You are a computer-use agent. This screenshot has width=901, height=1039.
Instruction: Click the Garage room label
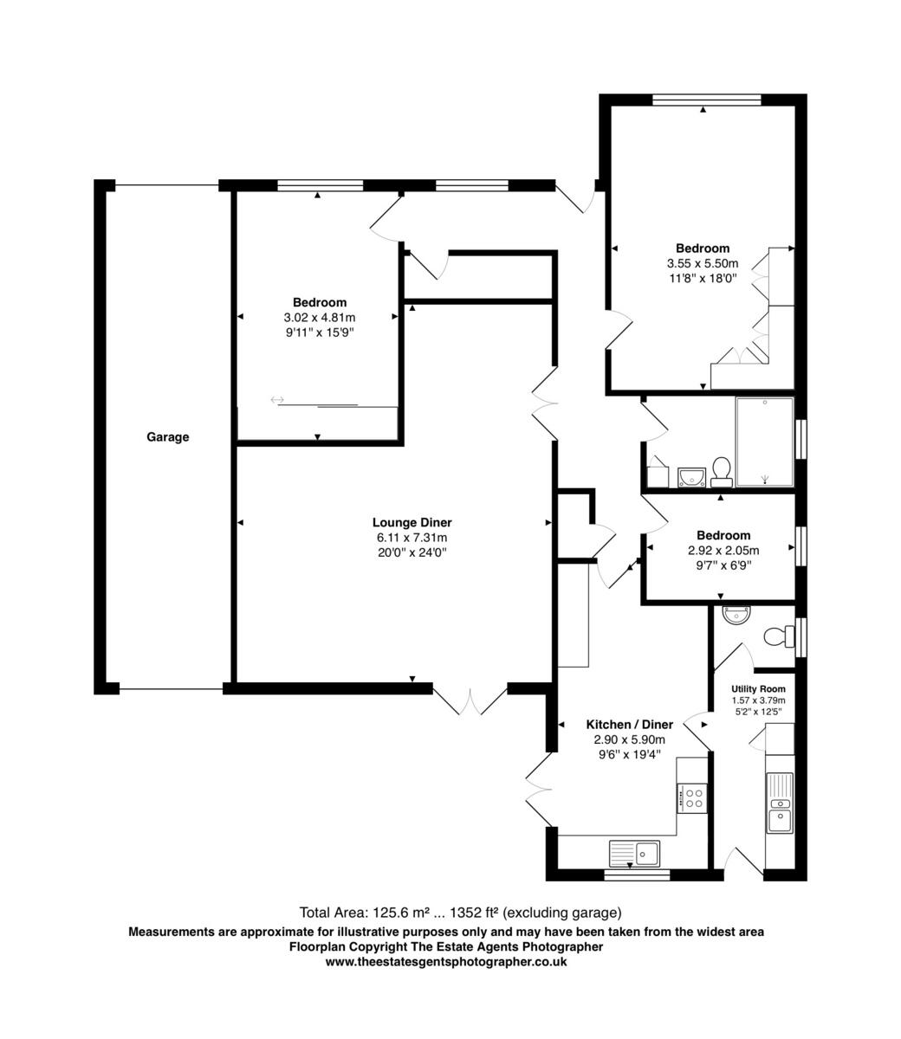point(167,437)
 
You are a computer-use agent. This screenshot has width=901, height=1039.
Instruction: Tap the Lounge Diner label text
point(412,522)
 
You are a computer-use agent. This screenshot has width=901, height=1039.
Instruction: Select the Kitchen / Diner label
point(629,725)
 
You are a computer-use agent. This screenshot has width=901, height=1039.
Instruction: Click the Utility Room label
point(758,689)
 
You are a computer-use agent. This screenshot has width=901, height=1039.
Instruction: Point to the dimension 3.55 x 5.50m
point(702,263)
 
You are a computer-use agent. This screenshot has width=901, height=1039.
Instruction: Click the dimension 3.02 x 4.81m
point(319,317)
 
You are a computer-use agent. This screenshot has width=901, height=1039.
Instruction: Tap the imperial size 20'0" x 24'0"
point(412,552)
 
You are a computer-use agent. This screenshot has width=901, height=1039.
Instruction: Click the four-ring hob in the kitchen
point(692,797)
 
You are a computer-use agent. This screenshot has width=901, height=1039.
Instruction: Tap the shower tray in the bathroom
point(763,442)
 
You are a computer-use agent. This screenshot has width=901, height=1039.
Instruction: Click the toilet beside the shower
point(721,471)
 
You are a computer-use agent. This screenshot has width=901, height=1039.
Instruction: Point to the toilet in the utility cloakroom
point(776,637)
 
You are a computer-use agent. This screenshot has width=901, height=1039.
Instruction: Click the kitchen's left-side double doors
point(539,788)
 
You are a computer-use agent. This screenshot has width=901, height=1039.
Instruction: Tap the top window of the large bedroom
point(706,100)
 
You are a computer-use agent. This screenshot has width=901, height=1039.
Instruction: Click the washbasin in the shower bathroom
point(690,475)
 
